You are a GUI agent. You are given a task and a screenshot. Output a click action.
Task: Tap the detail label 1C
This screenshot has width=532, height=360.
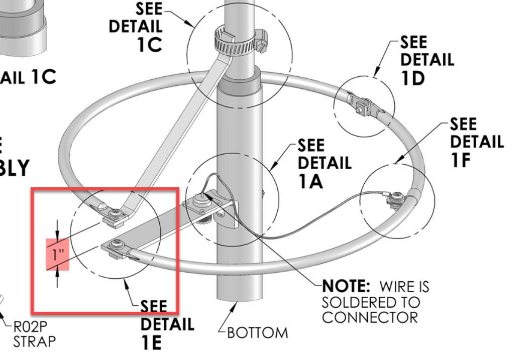pyautogui.click(x=149, y=44)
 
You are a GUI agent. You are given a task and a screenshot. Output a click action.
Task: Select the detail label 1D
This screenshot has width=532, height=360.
pyautogui.click(x=413, y=78)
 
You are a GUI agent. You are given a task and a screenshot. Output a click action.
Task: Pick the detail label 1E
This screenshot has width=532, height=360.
pyautogui.click(x=151, y=342)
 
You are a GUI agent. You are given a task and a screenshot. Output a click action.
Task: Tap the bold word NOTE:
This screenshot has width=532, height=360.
pyautogui.click(x=346, y=287)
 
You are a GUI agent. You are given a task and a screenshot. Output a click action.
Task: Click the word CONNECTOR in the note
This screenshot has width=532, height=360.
pyautogui.click(x=370, y=318)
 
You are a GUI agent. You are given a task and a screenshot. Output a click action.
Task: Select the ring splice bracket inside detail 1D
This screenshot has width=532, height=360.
pyautogui.click(x=363, y=105)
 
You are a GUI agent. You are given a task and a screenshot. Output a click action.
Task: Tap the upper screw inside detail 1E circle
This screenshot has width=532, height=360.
pyautogui.click(x=116, y=212)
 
